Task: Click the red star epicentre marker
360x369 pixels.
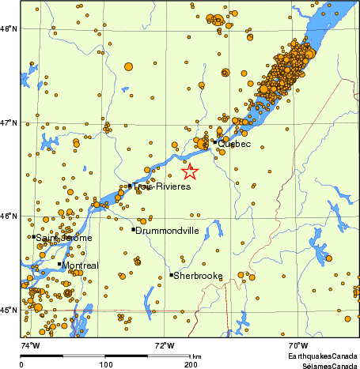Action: click(x=189, y=171)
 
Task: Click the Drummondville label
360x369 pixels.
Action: click(x=166, y=230)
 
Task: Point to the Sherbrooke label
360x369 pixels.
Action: click(x=198, y=276)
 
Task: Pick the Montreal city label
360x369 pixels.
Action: click(x=81, y=265)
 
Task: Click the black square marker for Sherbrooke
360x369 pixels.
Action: click(x=171, y=275)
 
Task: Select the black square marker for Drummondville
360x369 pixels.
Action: click(x=133, y=229)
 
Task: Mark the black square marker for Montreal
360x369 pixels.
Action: click(x=59, y=264)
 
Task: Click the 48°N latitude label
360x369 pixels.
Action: click(x=9, y=29)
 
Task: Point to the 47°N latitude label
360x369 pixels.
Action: click(x=9, y=123)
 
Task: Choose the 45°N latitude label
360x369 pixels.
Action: click(x=9, y=310)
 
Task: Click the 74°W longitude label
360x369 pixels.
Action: click(x=30, y=345)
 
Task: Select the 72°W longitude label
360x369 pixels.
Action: click(x=164, y=345)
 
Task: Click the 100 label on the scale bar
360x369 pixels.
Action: click(x=105, y=365)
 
